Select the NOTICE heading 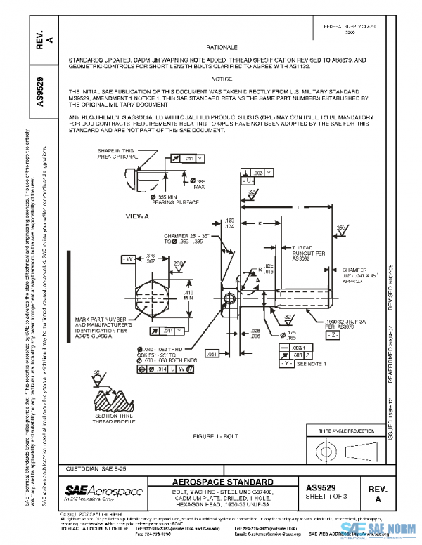tap(222, 79)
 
